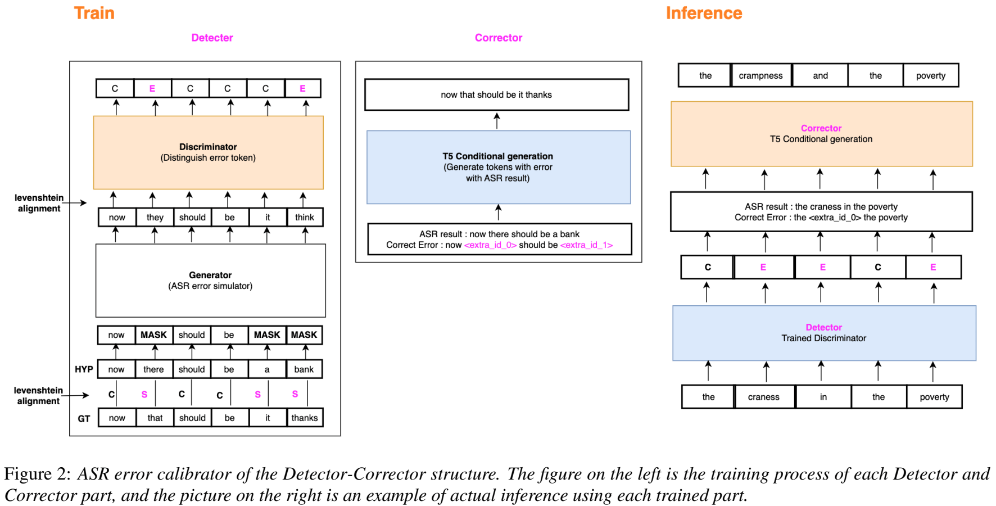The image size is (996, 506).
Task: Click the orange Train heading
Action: pyautogui.click(x=94, y=13)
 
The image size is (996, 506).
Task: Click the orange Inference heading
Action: pyautogui.click(x=704, y=13)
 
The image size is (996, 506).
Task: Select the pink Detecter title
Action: pyautogui.click(x=212, y=38)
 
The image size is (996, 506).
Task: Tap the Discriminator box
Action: pyautogui.click(x=208, y=152)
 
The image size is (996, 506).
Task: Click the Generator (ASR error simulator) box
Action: pyautogui.click(x=210, y=281)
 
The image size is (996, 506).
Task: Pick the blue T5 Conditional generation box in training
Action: pyautogui.click(x=498, y=167)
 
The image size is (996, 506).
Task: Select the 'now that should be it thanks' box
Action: pyautogui.click(x=496, y=94)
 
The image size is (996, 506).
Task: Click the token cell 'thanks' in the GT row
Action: pyautogui.click(x=304, y=418)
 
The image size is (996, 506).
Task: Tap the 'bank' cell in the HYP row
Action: pyautogui.click(x=304, y=369)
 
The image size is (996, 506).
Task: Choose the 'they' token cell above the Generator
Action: pyautogui.click(x=155, y=218)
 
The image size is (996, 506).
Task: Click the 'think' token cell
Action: pyautogui.click(x=304, y=218)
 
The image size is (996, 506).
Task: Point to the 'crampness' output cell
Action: pyautogui.click(x=760, y=75)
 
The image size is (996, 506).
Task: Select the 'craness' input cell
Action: pyautogui.click(x=763, y=397)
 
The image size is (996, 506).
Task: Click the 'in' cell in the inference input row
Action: pyautogui.click(x=823, y=397)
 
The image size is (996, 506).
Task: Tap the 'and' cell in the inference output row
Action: pyautogui.click(x=820, y=75)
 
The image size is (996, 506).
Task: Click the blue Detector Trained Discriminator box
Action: pyautogui.click(x=823, y=333)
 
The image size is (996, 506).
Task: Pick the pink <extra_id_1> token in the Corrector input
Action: pyautogui.click(x=586, y=245)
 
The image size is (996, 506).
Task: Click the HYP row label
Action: pyautogui.click(x=84, y=369)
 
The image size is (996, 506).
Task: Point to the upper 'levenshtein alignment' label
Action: pyautogui.click(x=39, y=203)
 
